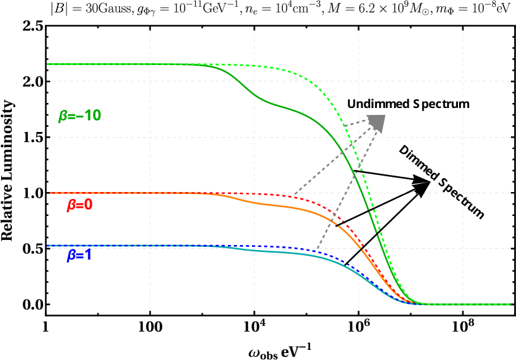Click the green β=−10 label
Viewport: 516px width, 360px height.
point(80,116)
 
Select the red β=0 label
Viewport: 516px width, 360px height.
point(80,205)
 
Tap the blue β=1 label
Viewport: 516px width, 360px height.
point(80,256)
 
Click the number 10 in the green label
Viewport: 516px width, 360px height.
point(92,116)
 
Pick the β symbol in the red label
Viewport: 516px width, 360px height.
point(71,205)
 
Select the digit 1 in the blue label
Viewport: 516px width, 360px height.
point(88,256)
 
